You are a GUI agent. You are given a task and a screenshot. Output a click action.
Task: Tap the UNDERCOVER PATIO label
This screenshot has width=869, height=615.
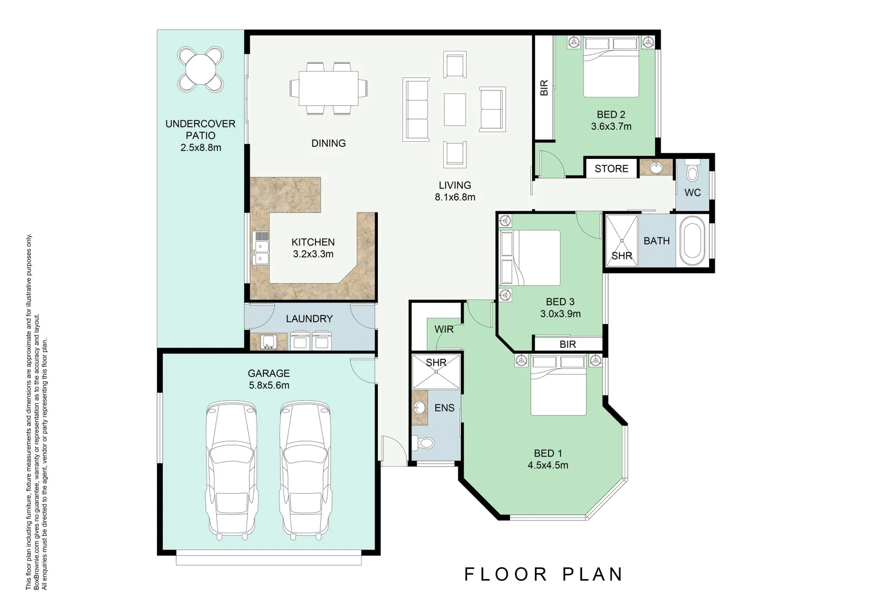point(200,136)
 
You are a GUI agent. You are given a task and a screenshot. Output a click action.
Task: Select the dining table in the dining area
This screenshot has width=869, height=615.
point(328,88)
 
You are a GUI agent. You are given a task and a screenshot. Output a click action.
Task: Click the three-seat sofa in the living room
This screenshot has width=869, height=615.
point(416,109)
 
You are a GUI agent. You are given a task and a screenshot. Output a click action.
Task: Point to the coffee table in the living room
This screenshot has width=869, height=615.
point(455,109)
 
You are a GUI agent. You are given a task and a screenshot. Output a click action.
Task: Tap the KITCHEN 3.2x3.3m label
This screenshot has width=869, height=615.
point(313,248)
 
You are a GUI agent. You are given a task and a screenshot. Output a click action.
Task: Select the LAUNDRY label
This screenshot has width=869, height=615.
point(309,319)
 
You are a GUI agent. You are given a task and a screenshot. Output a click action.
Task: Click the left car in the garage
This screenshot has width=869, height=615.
point(232,470)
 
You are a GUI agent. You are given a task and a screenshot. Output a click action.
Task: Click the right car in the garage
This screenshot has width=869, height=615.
point(305,470)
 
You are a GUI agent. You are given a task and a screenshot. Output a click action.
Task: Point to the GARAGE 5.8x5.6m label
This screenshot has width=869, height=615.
point(269,379)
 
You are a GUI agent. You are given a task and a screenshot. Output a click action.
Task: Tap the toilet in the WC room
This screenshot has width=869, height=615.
point(693,171)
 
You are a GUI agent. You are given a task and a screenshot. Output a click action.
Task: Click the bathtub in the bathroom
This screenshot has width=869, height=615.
point(693,241)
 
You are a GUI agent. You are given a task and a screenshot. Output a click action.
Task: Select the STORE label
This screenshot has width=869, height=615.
point(611,169)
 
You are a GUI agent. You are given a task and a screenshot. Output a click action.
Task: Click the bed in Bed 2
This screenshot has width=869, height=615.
point(611,67)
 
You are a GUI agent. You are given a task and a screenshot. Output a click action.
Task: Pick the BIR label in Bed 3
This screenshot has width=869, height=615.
point(567,345)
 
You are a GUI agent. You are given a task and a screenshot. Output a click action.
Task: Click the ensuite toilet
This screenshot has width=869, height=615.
point(424,442)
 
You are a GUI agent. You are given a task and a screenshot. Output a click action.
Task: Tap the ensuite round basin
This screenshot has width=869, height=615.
point(419,408)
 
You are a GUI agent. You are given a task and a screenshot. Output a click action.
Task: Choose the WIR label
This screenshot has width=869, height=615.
point(444,329)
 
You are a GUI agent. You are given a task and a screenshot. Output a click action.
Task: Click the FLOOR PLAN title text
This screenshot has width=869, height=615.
point(543,574)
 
